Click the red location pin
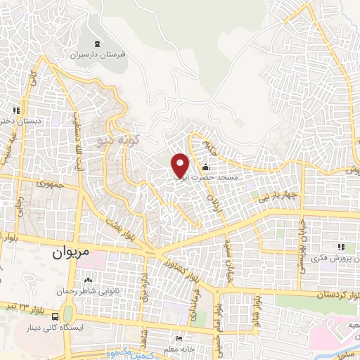(x=181, y=165)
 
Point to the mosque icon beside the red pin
(x=205, y=167)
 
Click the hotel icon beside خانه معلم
(x=178, y=339)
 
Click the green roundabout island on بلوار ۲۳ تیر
(x=68, y=312)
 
